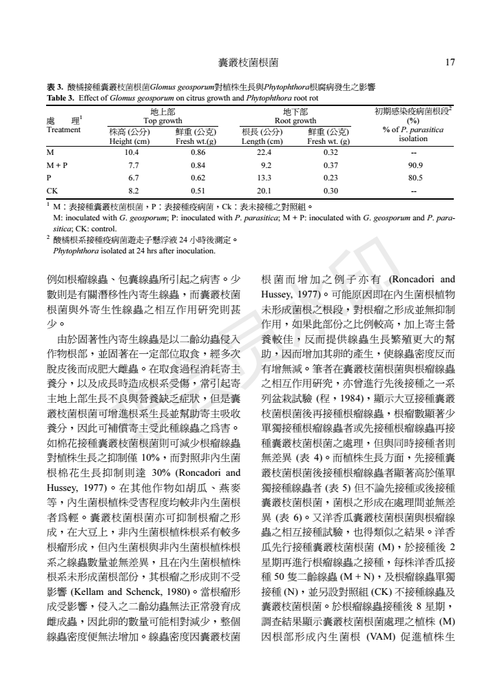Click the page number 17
tap(450, 63)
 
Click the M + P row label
tap(56, 165)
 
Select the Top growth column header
tap(163, 119)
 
